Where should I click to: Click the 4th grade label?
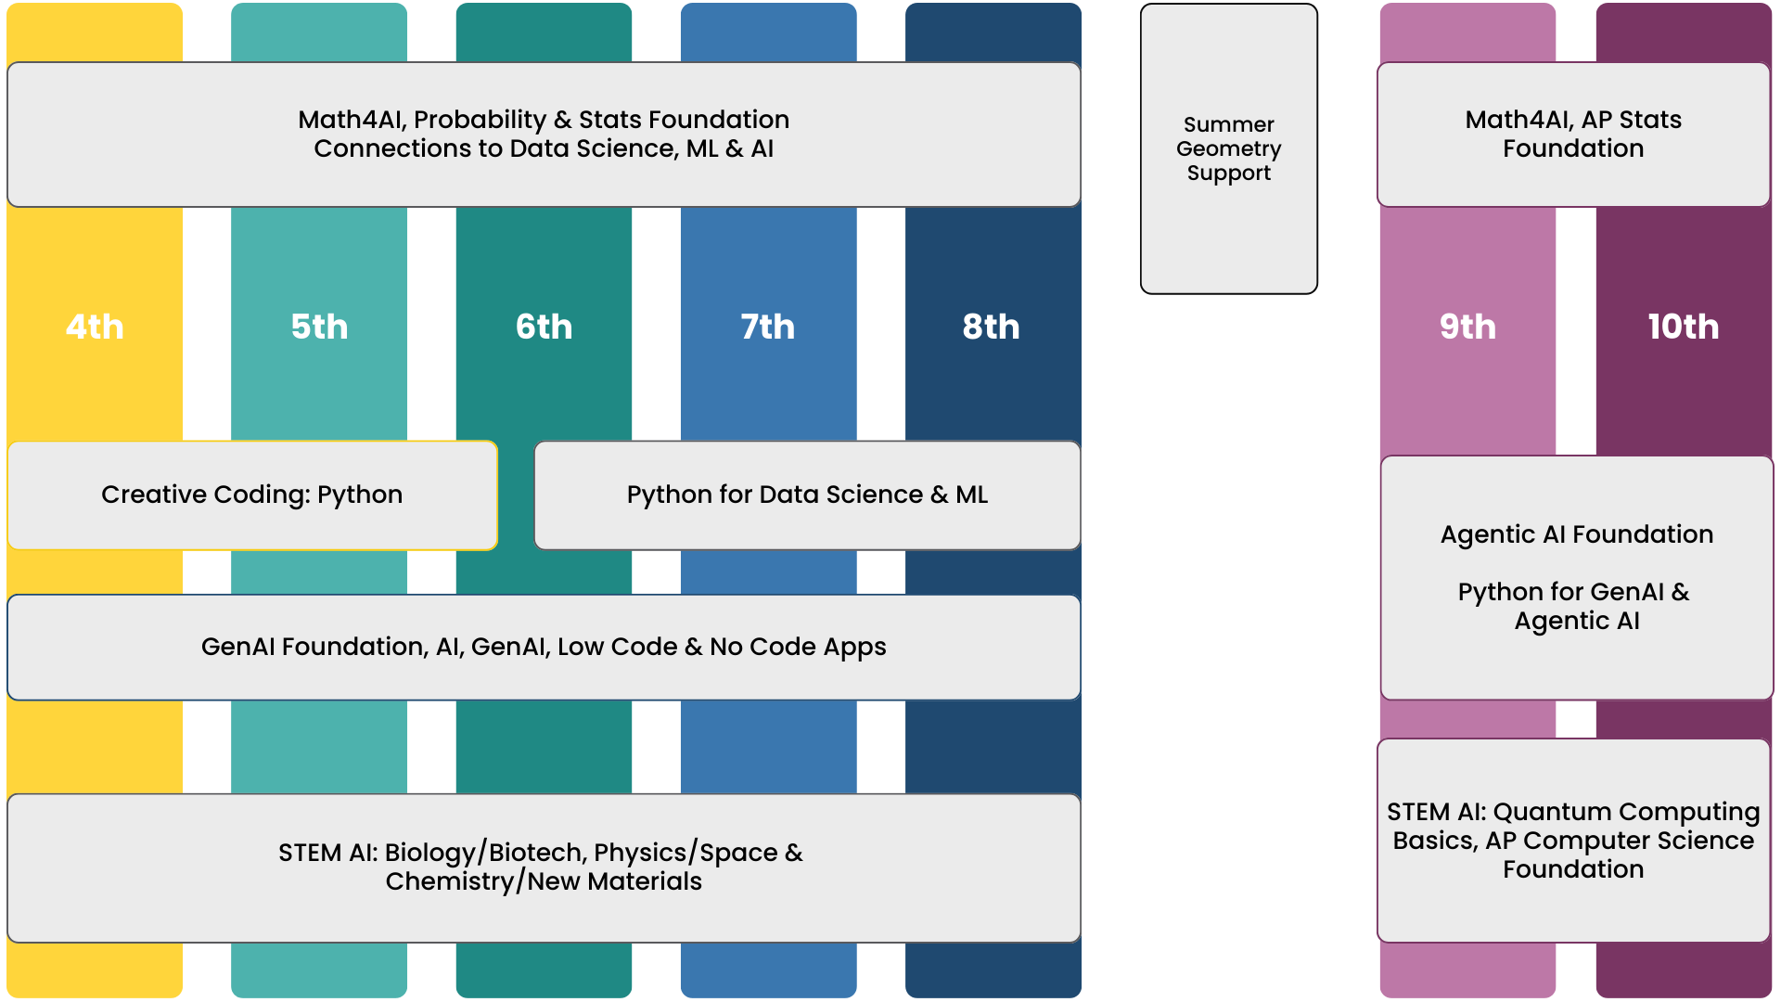point(95,327)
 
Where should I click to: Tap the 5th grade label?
point(319,327)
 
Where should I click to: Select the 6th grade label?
point(544,327)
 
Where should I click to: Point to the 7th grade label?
point(768,327)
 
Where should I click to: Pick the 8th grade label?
point(991,327)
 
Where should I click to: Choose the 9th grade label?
point(1467,327)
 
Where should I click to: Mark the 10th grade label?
point(1683,327)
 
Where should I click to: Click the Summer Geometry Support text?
point(1228,148)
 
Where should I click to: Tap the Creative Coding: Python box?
point(252,495)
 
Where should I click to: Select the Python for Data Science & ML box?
point(807,495)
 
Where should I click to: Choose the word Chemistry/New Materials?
point(544,881)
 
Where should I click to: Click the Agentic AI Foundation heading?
point(1576,534)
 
